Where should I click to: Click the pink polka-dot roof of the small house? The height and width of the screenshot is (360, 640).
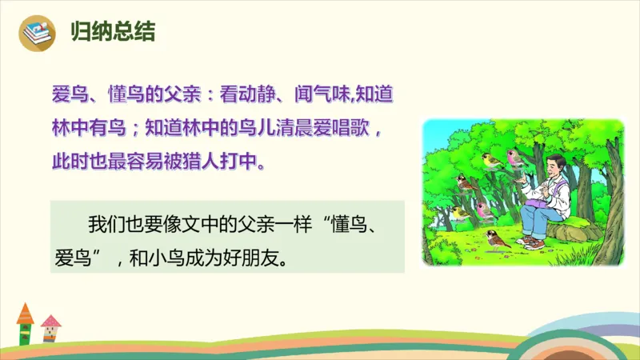[x=50, y=322]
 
